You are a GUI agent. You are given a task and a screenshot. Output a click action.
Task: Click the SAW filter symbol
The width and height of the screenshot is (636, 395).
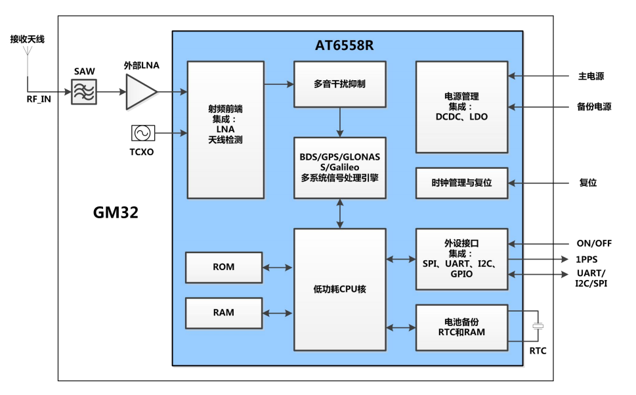tap(84, 92)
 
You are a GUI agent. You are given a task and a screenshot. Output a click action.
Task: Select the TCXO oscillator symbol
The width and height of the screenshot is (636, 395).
tap(141, 133)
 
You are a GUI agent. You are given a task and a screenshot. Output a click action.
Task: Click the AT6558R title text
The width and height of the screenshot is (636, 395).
tap(345, 45)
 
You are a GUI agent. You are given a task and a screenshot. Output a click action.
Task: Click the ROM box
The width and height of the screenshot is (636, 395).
tap(224, 267)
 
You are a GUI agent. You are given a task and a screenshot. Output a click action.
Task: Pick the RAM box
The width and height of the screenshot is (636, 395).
tap(224, 313)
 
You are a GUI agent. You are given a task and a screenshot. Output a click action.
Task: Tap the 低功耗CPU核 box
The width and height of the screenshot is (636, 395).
tap(339, 289)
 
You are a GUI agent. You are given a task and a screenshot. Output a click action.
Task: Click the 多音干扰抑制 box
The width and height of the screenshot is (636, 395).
tap(339, 84)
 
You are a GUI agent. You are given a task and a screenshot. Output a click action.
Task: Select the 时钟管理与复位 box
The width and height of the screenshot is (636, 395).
tap(462, 183)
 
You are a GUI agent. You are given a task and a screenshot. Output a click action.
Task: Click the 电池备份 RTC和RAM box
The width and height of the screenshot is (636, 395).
tap(462, 327)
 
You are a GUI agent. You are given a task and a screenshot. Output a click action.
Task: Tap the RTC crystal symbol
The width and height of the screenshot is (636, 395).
tap(538, 326)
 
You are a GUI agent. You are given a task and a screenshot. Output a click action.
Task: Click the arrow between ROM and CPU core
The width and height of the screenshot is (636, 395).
tap(278, 267)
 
